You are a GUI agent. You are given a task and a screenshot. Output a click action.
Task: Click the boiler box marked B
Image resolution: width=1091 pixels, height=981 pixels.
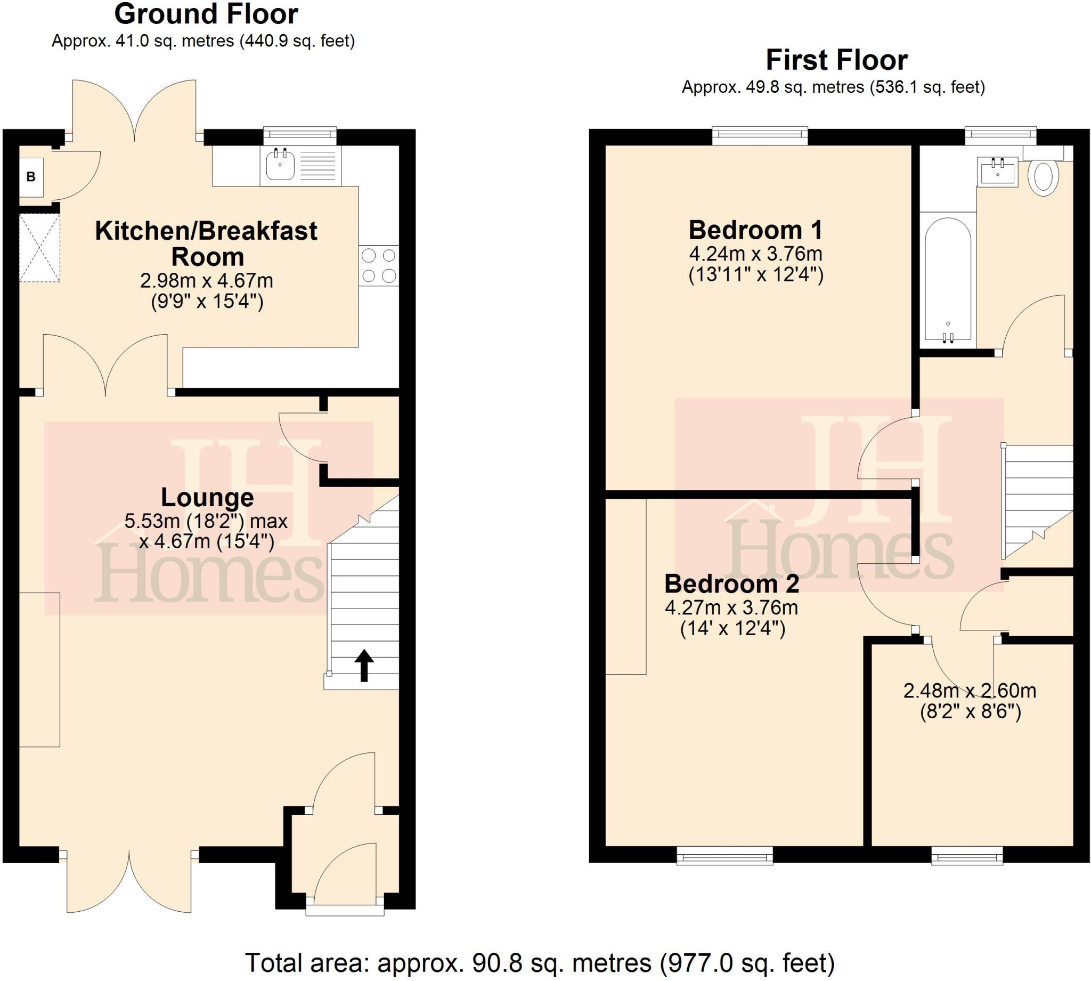pos(31,176)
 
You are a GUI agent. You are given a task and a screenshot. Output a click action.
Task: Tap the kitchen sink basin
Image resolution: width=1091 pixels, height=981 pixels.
pos(280,165)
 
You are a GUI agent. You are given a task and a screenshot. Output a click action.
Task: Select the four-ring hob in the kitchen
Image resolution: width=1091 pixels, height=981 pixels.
pos(379,265)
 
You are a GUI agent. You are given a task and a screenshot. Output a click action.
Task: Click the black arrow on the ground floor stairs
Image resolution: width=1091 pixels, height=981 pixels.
pos(364,665)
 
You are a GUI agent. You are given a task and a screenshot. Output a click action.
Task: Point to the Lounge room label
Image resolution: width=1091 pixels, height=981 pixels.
pos(207,497)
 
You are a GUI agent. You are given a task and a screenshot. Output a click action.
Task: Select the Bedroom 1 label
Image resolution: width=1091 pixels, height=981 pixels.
pos(755,230)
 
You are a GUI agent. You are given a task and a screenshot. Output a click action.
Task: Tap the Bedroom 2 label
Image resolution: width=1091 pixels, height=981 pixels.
pos(731,583)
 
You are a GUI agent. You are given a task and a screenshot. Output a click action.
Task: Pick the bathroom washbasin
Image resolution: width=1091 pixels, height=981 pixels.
pos(997,173)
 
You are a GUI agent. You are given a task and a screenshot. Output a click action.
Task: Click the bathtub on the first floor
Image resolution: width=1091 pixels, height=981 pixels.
pos(948,280)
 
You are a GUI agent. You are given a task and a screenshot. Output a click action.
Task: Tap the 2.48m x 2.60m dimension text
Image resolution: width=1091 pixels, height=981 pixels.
pos(970,691)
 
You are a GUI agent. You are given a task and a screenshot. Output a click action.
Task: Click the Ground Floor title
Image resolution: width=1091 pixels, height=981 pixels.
pos(206,14)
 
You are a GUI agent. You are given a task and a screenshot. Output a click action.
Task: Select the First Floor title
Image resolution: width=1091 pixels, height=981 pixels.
pos(837,60)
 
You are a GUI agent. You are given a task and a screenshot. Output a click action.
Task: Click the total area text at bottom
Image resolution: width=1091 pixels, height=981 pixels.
pos(539,963)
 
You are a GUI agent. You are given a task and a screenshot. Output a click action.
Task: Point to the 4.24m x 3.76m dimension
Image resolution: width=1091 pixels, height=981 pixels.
pos(755,253)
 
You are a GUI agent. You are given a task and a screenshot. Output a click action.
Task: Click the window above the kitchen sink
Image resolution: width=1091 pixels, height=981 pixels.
pos(299,136)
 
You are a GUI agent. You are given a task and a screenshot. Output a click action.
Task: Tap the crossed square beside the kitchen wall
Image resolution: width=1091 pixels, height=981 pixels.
pos(39,247)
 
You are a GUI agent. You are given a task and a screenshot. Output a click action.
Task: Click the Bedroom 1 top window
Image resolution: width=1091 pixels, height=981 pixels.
pos(760,135)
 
